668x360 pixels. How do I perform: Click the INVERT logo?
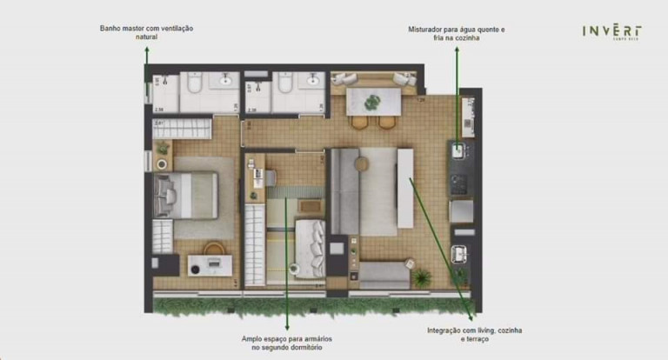click(x=612, y=32)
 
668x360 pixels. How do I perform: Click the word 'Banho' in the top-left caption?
click(x=112, y=29)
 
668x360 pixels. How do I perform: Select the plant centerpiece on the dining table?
click(x=373, y=102)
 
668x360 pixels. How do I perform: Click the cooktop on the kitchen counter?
click(x=458, y=183)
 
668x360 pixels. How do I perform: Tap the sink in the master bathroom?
click(x=227, y=81)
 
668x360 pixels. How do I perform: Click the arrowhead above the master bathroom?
click(x=147, y=50)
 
